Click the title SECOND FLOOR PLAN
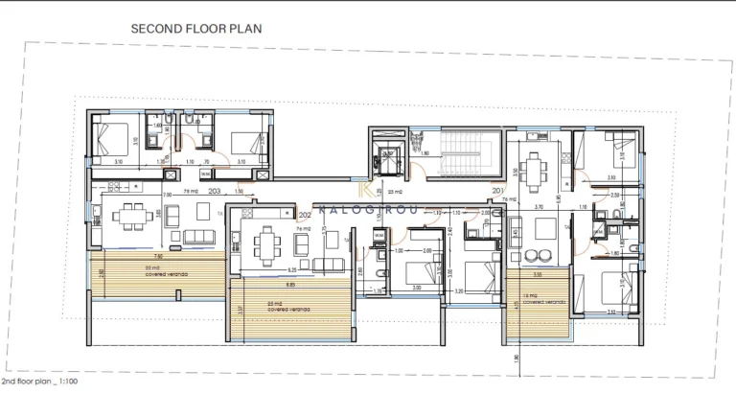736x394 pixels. tap(195, 29)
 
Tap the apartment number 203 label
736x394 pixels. tap(214, 192)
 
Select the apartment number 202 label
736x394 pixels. tap(306, 216)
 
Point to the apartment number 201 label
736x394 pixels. tap(497, 191)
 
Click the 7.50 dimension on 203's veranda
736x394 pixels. tap(158, 257)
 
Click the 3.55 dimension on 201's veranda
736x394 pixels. tap(539, 274)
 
